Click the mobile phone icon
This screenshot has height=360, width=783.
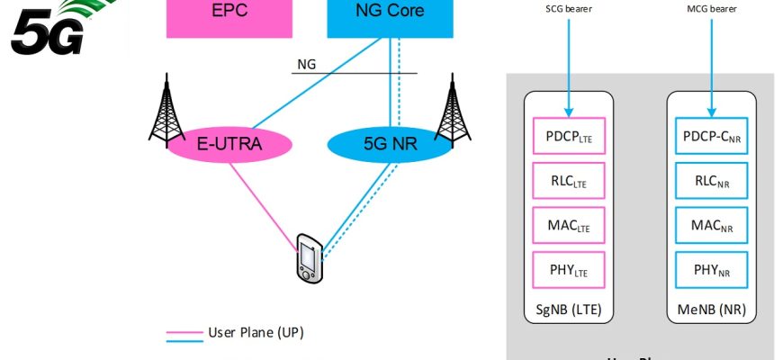308,258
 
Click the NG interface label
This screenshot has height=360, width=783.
306,64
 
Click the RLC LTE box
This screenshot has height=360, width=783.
569,182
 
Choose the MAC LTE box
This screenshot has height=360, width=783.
569,224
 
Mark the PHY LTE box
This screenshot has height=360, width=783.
569,267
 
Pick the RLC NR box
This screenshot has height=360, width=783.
712,182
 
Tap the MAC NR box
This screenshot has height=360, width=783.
712,224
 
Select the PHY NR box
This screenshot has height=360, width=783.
712,267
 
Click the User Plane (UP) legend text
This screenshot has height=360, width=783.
256,333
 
